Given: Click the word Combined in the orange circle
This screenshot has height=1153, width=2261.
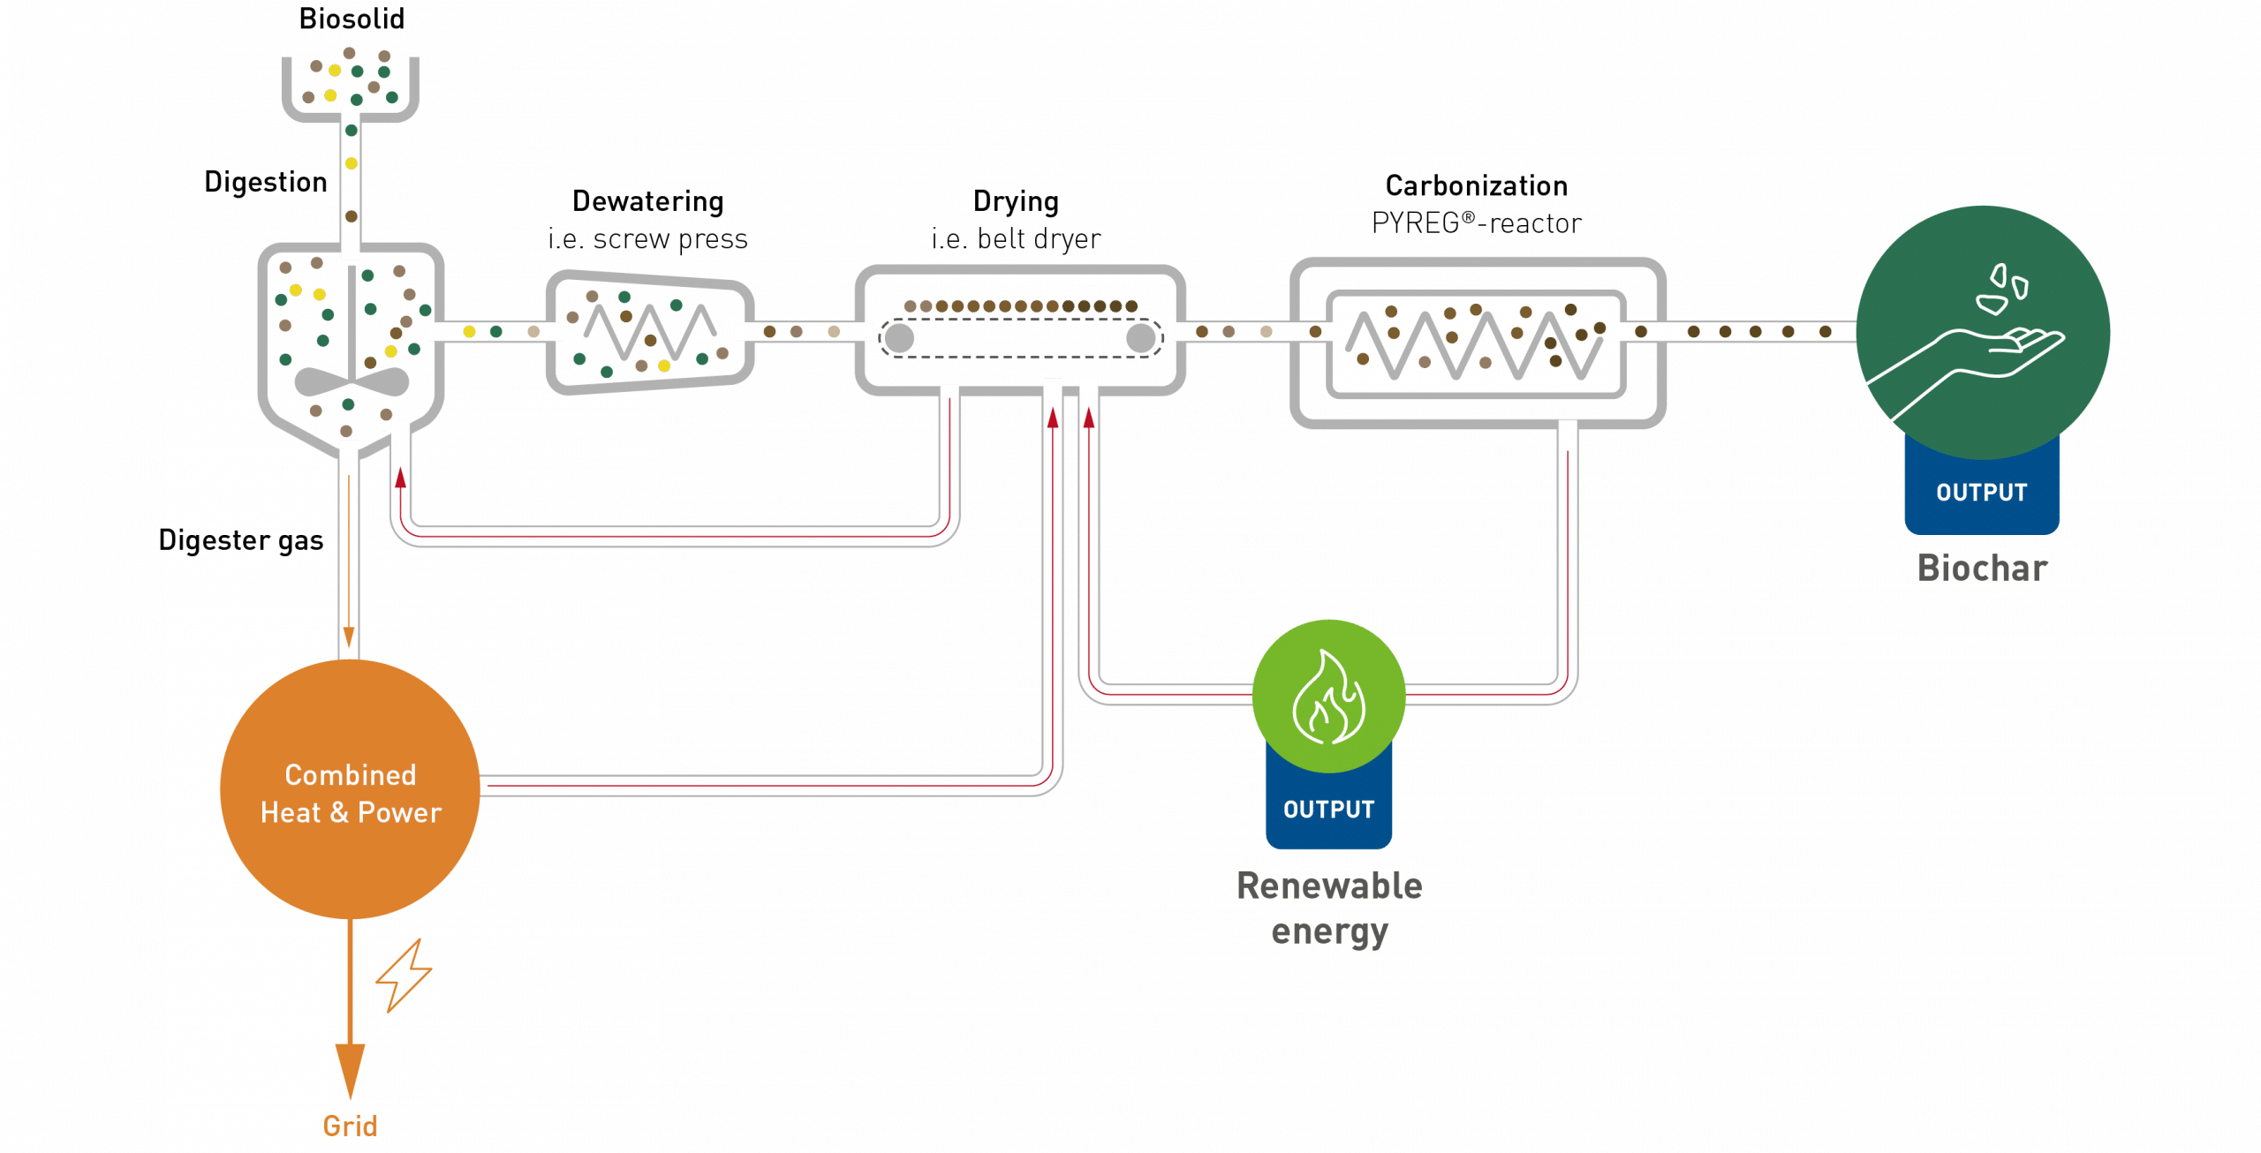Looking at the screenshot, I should pyautogui.click(x=350, y=775).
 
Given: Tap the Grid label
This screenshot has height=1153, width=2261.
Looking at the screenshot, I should pyautogui.click(x=350, y=1126).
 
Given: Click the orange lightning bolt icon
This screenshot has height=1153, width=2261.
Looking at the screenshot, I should pyautogui.click(x=405, y=975).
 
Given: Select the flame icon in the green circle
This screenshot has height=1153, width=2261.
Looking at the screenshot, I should pyautogui.click(x=1328, y=697).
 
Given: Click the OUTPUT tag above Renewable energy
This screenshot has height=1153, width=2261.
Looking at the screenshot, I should pyautogui.click(x=1328, y=810).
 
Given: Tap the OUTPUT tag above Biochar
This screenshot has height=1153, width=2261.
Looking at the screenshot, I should pyautogui.click(x=1981, y=493).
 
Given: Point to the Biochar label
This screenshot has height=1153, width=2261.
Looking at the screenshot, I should pyautogui.click(x=1982, y=569).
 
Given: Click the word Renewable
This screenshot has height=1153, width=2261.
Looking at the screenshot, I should pyautogui.click(x=1329, y=886).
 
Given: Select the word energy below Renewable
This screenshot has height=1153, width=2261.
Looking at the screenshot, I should pyautogui.click(x=1329, y=932).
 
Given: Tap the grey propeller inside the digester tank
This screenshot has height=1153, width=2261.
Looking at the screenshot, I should pyautogui.click(x=352, y=382).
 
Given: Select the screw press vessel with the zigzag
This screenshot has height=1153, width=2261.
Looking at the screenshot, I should pyautogui.click(x=649, y=332).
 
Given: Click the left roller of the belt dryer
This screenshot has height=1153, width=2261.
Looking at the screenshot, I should pyautogui.click(x=899, y=338).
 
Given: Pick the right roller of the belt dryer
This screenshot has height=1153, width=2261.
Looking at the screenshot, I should pyautogui.click(x=1140, y=338).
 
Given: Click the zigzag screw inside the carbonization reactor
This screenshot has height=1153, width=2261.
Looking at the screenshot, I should pyautogui.click(x=1475, y=344).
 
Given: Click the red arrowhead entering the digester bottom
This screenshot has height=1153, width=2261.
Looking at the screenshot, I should pyautogui.click(x=400, y=478).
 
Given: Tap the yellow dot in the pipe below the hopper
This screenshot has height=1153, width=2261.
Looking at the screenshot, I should pyautogui.click(x=351, y=163).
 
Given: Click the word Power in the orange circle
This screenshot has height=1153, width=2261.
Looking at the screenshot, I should pyautogui.click(x=399, y=812).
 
